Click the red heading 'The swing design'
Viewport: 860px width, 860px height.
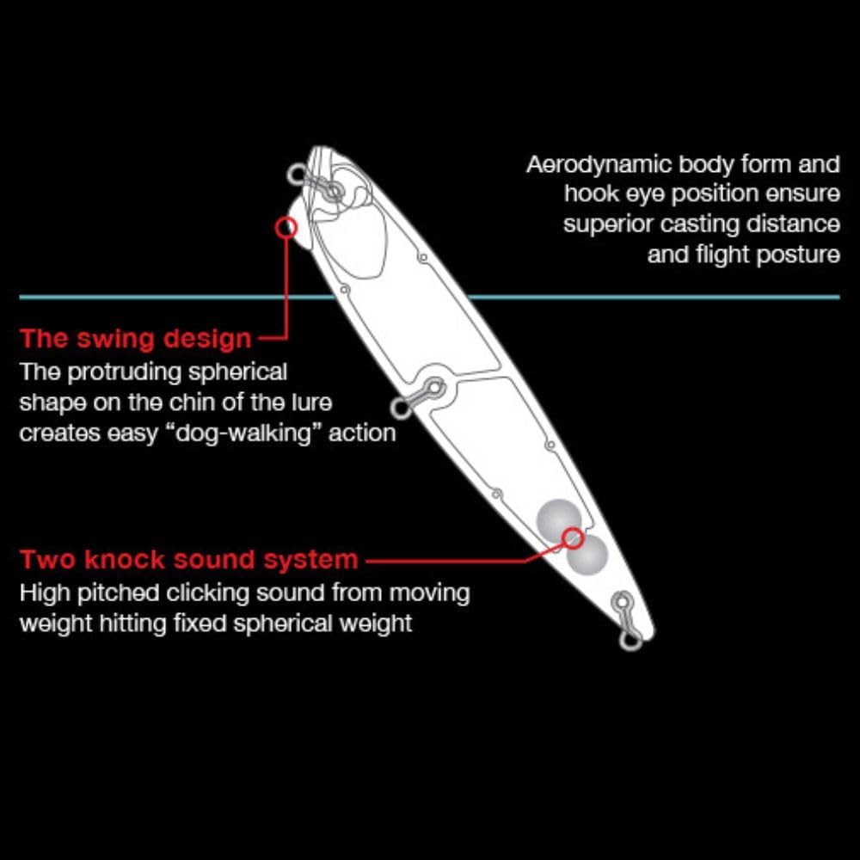pos(136,338)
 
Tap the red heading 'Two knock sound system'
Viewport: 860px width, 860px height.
pos(189,560)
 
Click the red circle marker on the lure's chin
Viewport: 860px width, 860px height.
pos(286,227)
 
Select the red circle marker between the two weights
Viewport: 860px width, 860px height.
pos(572,539)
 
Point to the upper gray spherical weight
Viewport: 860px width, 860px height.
pos(557,519)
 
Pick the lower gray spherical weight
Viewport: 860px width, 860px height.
pos(587,556)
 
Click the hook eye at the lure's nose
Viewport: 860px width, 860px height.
pos(298,175)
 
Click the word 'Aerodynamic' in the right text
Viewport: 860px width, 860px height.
pos(599,164)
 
